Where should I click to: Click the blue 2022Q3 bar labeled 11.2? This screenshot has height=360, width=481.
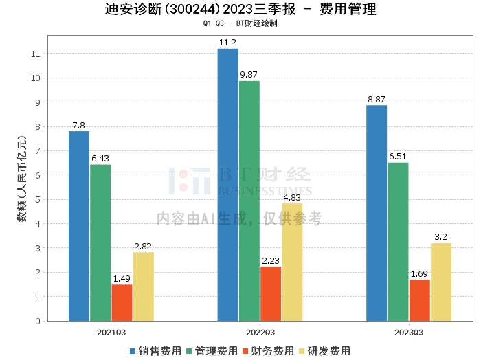coord(228,185)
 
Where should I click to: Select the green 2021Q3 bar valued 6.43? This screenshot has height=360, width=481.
coord(100,243)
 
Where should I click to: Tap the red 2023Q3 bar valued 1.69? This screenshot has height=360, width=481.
coord(419,300)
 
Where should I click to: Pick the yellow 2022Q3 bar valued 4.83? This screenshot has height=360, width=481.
coord(292,262)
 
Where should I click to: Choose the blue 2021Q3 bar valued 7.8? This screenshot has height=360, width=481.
coord(79,226)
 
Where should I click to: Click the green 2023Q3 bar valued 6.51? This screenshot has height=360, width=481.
coord(398,241)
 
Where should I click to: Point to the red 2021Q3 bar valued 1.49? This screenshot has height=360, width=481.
coord(122,302)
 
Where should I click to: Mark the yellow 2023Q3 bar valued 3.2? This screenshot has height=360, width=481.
coord(441,282)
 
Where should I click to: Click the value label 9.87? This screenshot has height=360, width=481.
coord(249,74)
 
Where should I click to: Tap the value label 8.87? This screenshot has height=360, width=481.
coord(377,99)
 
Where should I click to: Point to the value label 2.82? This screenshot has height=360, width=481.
coord(144,246)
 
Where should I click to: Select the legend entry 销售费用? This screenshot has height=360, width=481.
coord(154,350)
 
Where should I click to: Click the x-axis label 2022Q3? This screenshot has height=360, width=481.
coord(260,331)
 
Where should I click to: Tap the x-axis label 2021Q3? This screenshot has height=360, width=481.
coord(111,331)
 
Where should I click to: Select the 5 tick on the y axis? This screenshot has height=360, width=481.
coord(38,200)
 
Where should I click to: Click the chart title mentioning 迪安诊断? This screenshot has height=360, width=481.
coord(240,10)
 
